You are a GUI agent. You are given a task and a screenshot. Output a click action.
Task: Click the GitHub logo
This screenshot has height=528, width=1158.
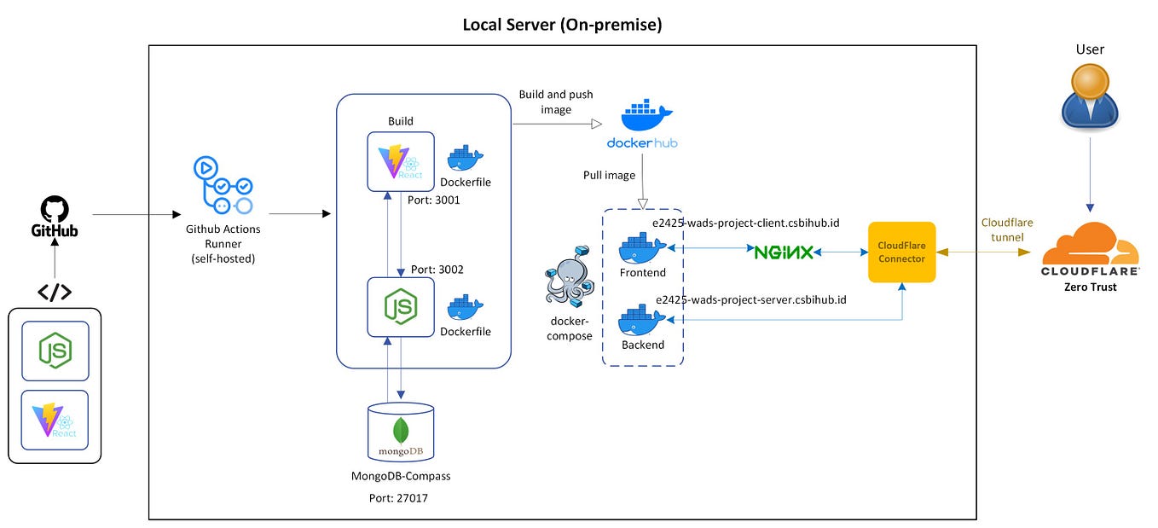point(55,217)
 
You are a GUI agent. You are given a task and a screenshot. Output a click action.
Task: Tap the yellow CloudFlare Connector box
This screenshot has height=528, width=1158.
point(901,252)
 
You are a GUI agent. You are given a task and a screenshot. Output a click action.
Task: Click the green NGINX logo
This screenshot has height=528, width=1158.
point(781,252)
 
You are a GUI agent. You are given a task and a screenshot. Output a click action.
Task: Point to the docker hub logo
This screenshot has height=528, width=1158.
point(641,125)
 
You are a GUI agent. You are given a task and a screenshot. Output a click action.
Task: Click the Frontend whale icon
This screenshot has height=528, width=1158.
point(642,249)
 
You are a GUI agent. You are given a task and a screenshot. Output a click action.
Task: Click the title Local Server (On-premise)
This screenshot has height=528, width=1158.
point(562,25)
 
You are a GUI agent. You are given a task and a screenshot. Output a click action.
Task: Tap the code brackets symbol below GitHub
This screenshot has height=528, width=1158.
point(55,292)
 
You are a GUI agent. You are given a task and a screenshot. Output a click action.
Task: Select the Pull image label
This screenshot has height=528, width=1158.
point(609,175)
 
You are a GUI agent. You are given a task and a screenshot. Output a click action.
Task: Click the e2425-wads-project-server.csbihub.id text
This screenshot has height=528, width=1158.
point(750,299)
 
